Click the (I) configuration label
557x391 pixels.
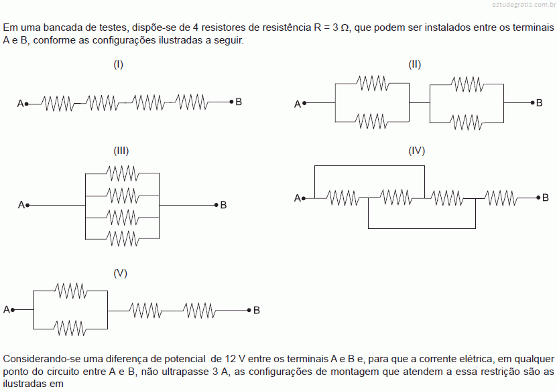tap(118, 64)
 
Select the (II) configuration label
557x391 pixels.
tap(414, 64)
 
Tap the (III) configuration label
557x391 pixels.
tap(121, 151)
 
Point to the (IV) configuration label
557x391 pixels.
tap(417, 151)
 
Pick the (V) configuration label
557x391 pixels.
tap(121, 273)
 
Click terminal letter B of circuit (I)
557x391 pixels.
tap(239, 102)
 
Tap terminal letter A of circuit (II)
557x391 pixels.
tap(298, 104)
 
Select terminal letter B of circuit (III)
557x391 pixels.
tap(223, 205)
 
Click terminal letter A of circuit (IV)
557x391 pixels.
tap(298, 198)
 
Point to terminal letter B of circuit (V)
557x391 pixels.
tap(257, 311)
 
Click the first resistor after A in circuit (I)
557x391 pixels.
tap(58, 103)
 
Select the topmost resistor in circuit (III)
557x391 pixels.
tap(122, 173)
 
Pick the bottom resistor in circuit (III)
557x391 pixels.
tap(122, 239)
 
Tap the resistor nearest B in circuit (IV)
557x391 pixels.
tap(501, 198)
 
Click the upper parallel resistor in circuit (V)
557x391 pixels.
tap(71, 291)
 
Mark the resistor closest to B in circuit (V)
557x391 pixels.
tap(199, 311)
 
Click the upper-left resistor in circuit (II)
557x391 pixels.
tap(373, 84)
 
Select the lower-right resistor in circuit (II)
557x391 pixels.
tap(467, 123)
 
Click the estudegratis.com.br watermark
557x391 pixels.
tap(524, 5)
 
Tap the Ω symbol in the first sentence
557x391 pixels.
tap(345, 27)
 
